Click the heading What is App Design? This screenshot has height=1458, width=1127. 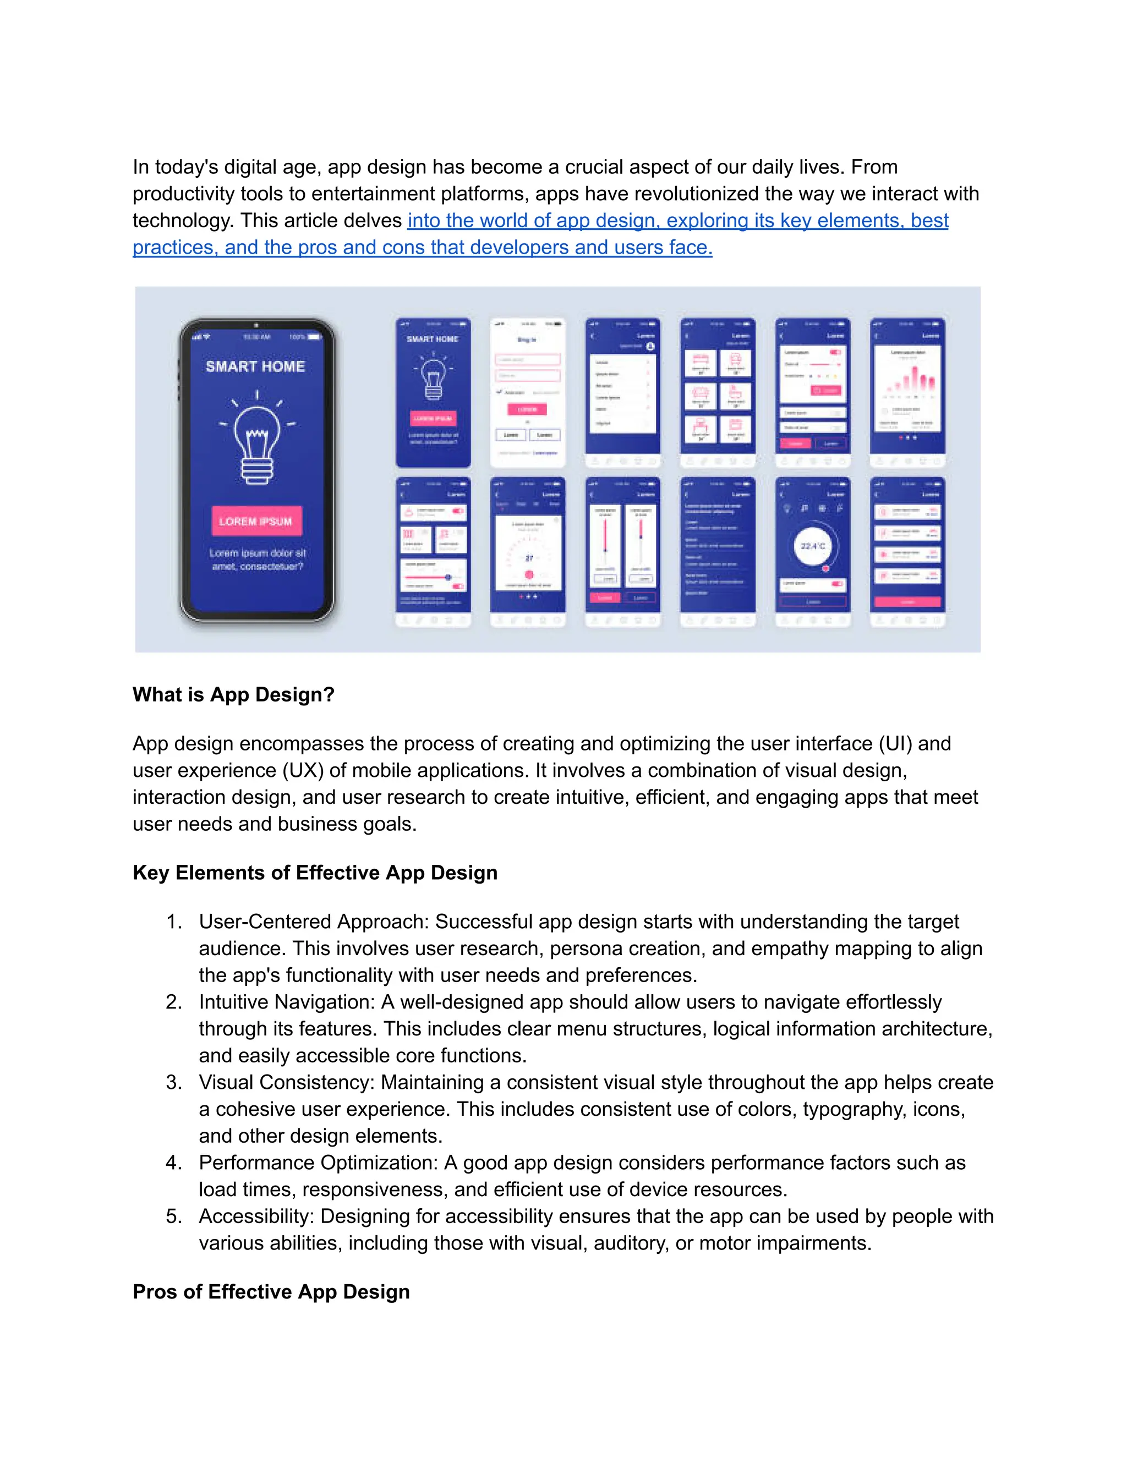[233, 694]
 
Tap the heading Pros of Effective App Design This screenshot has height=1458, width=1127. [271, 1292]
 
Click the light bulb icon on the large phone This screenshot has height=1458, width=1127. [257, 444]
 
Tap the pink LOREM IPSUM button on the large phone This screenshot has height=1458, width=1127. [256, 522]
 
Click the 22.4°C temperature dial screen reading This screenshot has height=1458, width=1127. [813, 546]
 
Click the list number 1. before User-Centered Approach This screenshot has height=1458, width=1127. [173, 922]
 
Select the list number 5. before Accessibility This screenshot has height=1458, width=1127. [173, 1216]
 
